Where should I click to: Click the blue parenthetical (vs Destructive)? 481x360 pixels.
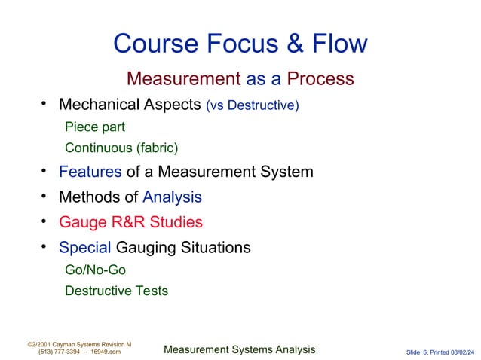point(252,105)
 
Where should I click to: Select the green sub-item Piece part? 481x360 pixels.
point(94,127)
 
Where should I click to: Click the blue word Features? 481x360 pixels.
point(90,172)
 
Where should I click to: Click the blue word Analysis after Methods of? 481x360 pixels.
point(172,197)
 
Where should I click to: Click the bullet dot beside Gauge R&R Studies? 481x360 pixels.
point(44,221)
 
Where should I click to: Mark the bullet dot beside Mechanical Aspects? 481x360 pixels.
point(44,104)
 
